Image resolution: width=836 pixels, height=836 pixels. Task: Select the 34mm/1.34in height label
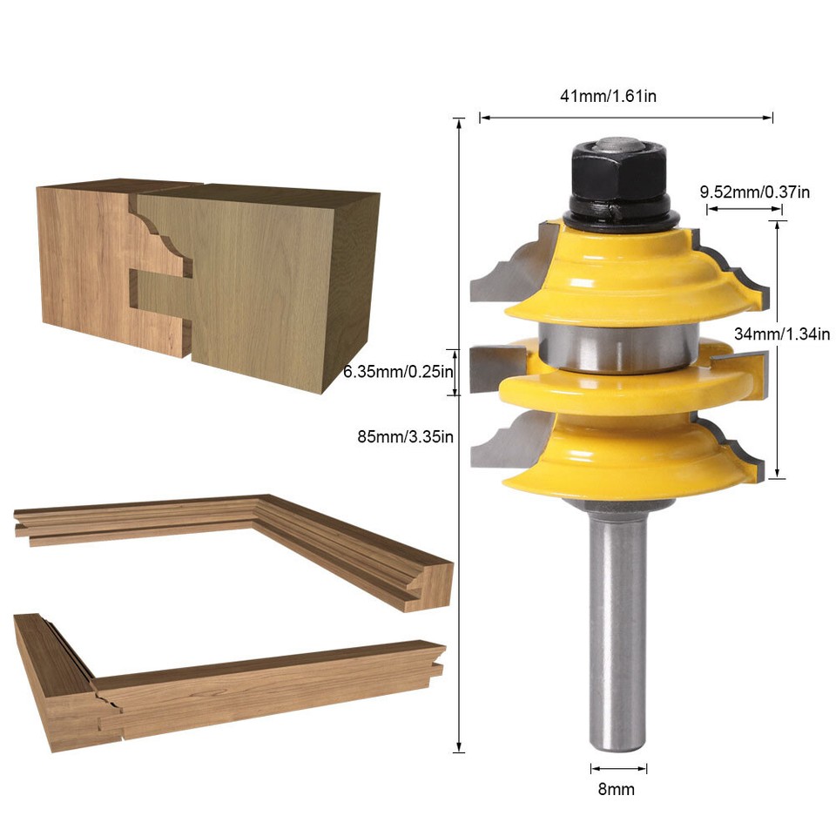(x=782, y=333)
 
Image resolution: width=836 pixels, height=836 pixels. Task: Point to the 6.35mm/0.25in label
(x=399, y=372)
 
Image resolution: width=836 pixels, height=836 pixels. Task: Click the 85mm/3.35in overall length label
(x=405, y=436)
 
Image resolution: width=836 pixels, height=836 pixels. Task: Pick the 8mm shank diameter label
(x=618, y=790)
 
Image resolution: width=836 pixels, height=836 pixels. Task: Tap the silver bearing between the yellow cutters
(x=618, y=348)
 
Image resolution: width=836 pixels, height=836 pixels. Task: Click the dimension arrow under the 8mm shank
(x=618, y=768)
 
